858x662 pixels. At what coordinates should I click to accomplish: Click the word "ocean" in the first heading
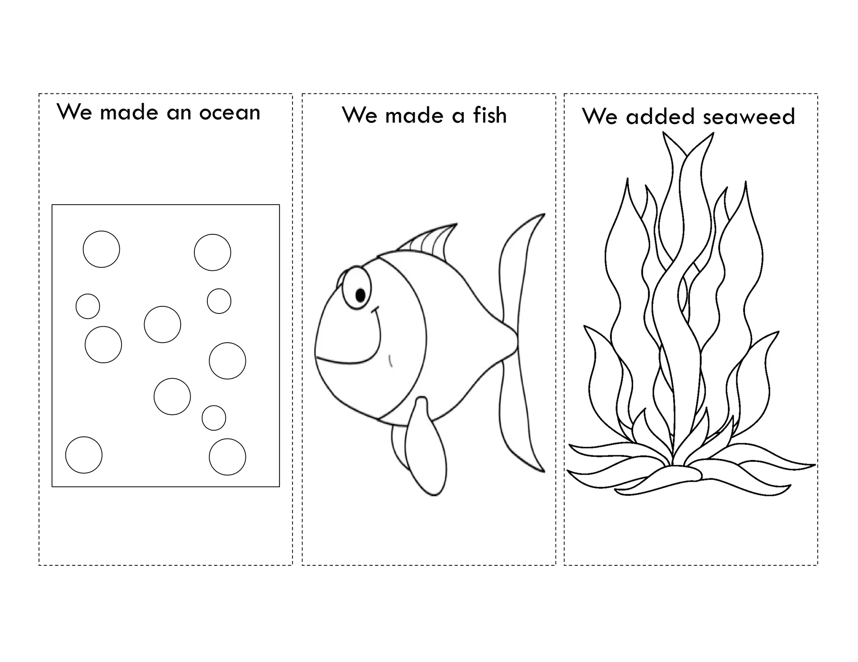click(230, 113)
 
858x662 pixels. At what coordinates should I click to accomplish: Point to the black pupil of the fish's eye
click(360, 295)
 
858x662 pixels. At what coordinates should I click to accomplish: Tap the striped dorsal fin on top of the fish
click(432, 241)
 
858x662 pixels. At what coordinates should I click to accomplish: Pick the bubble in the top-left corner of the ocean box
click(101, 249)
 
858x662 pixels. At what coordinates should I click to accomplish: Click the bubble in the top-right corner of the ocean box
click(212, 252)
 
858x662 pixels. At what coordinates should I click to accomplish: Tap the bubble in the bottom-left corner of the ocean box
click(84, 455)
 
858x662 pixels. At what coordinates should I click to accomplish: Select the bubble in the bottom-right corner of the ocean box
click(227, 457)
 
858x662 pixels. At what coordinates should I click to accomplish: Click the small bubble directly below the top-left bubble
click(88, 306)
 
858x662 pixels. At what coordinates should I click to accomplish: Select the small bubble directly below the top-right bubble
click(219, 301)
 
